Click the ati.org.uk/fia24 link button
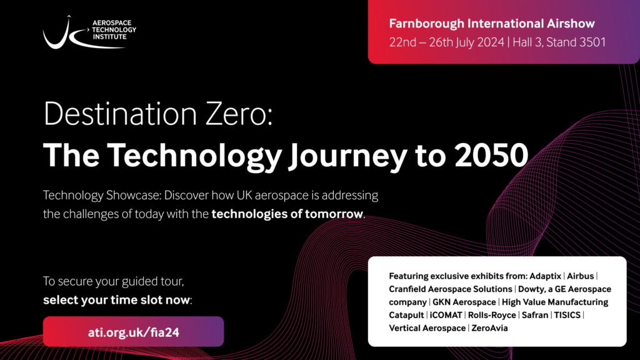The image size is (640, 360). coord(133,331)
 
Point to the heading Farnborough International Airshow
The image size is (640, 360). coord(492,24)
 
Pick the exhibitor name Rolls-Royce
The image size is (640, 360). coord(496,315)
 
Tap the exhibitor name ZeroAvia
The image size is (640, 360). coord(491,328)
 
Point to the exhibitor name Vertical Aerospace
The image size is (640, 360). coord(427,328)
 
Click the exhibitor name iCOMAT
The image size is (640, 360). coord(446,315)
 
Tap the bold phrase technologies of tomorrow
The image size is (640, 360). coord(287,214)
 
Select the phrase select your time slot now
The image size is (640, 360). coord(117,300)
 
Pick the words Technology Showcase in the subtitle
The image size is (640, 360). coord(99,196)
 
